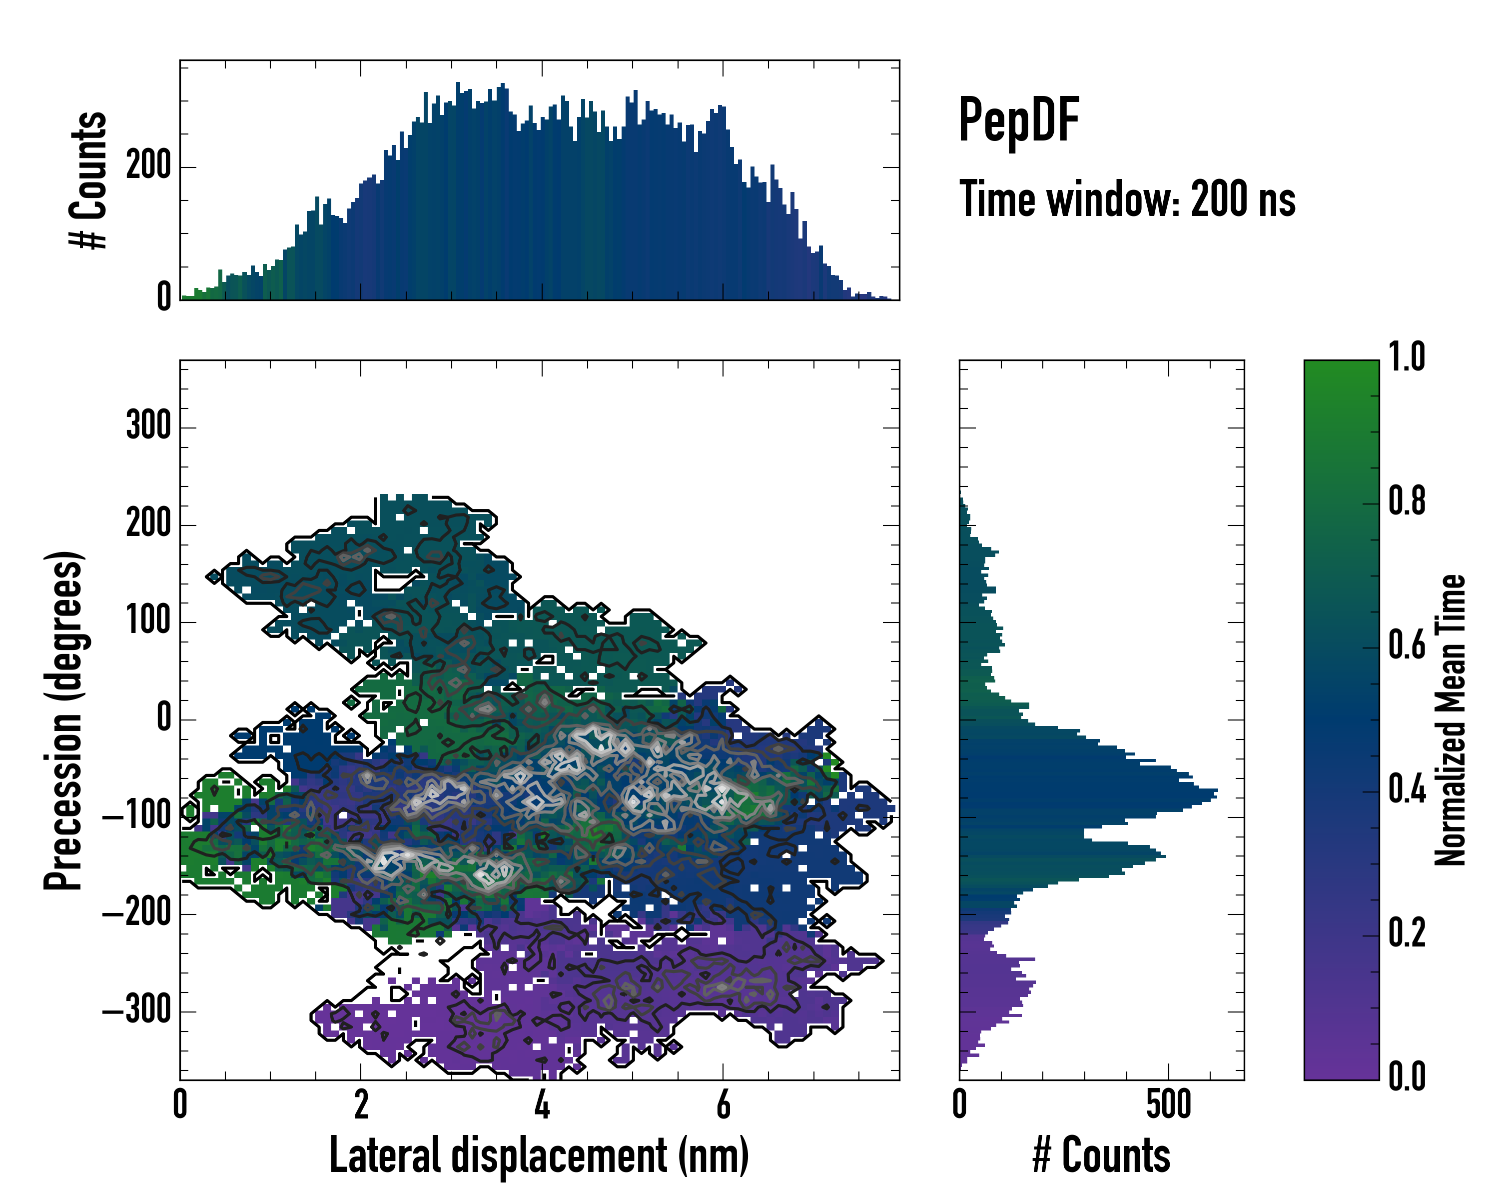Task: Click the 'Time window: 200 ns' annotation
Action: pos(1127,199)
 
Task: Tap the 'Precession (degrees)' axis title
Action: pos(63,720)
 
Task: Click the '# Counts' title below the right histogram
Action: pos(1101,1155)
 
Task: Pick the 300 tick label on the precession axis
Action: pos(148,425)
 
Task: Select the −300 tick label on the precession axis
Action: pos(137,1009)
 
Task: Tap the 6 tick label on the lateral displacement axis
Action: pos(723,1104)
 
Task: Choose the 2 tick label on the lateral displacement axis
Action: pos(361,1104)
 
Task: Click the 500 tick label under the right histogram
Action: pos(1169,1104)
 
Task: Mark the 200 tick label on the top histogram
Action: pos(148,166)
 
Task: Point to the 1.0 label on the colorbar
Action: pos(1407,357)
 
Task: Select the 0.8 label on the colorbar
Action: pos(1407,501)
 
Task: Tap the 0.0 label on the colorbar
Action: pos(1407,1076)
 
